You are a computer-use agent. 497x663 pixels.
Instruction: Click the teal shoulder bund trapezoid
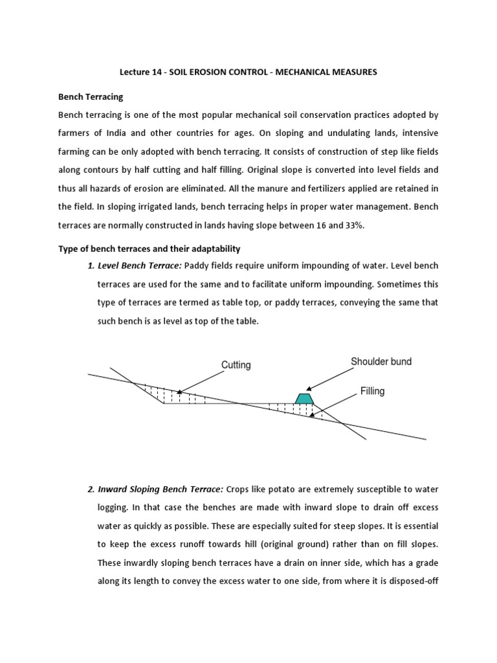[x=304, y=398]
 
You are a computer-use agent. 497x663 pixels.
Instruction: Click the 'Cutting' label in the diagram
[x=236, y=365]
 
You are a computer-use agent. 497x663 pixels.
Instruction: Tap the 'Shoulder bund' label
[x=381, y=361]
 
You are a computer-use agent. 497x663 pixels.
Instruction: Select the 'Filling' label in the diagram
[x=372, y=391]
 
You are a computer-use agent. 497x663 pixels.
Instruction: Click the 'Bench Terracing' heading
[x=91, y=96]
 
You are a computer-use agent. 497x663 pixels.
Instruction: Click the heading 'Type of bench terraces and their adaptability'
[x=150, y=249]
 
